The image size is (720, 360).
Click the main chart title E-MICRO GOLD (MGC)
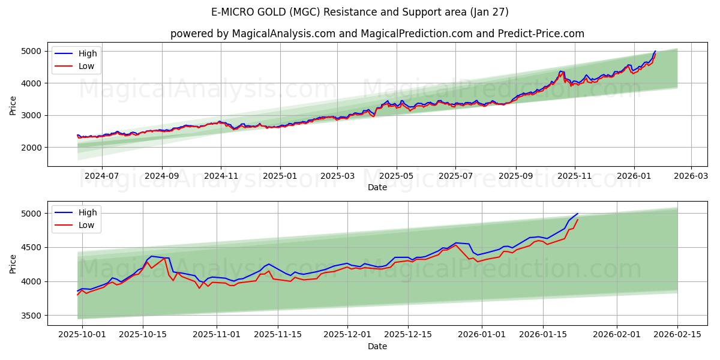pyautogui.click(x=360, y=12)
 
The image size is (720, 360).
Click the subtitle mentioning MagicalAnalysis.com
pyautogui.click(x=377, y=34)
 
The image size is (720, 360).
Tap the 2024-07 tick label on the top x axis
pyautogui.click(x=101, y=176)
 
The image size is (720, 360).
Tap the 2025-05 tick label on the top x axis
pyautogui.click(x=397, y=176)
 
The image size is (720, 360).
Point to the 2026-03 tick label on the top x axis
pyautogui.click(x=691, y=176)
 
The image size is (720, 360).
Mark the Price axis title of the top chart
pyautogui.click(x=13, y=105)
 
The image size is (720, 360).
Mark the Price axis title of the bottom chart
pyautogui.click(x=13, y=263)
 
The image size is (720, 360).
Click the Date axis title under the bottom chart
pyautogui.click(x=377, y=346)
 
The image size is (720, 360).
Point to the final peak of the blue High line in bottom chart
pyautogui.click(x=578, y=214)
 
